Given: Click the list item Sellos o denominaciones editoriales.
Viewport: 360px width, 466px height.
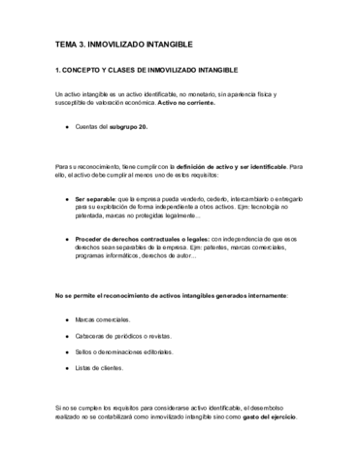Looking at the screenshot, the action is (124, 351).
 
